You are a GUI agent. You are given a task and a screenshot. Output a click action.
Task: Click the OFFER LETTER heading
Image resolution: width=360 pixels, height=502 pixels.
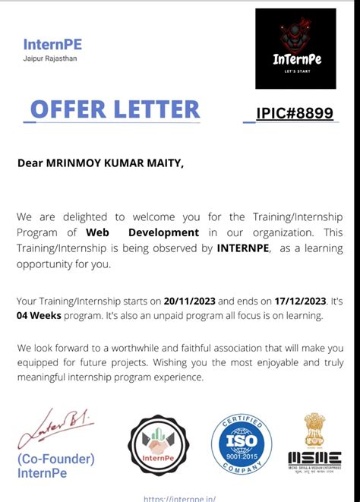[x=115, y=109]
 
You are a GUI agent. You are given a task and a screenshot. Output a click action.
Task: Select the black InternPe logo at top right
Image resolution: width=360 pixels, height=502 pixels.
[x=295, y=49]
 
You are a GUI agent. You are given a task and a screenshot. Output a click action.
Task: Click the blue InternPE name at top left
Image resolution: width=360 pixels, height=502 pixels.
[x=53, y=45]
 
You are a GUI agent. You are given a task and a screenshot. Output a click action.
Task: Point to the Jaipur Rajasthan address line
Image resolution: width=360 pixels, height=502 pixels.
[x=50, y=58]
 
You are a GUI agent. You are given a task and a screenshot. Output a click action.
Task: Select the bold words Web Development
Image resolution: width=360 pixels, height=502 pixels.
[x=143, y=232]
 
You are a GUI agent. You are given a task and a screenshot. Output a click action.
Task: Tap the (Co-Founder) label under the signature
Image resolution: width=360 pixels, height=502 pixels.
[x=55, y=459]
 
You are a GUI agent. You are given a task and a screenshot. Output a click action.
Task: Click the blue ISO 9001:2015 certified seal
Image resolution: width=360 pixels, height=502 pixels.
[x=241, y=446]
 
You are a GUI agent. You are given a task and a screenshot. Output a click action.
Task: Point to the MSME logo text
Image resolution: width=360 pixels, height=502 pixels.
[x=314, y=459]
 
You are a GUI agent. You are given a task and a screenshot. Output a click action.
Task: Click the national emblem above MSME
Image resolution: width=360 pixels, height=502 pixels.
[x=314, y=430]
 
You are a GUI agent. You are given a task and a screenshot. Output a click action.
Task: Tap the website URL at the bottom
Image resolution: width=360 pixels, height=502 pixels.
[x=179, y=498]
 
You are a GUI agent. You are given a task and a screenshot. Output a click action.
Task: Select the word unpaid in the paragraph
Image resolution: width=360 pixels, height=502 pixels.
[x=167, y=315]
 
